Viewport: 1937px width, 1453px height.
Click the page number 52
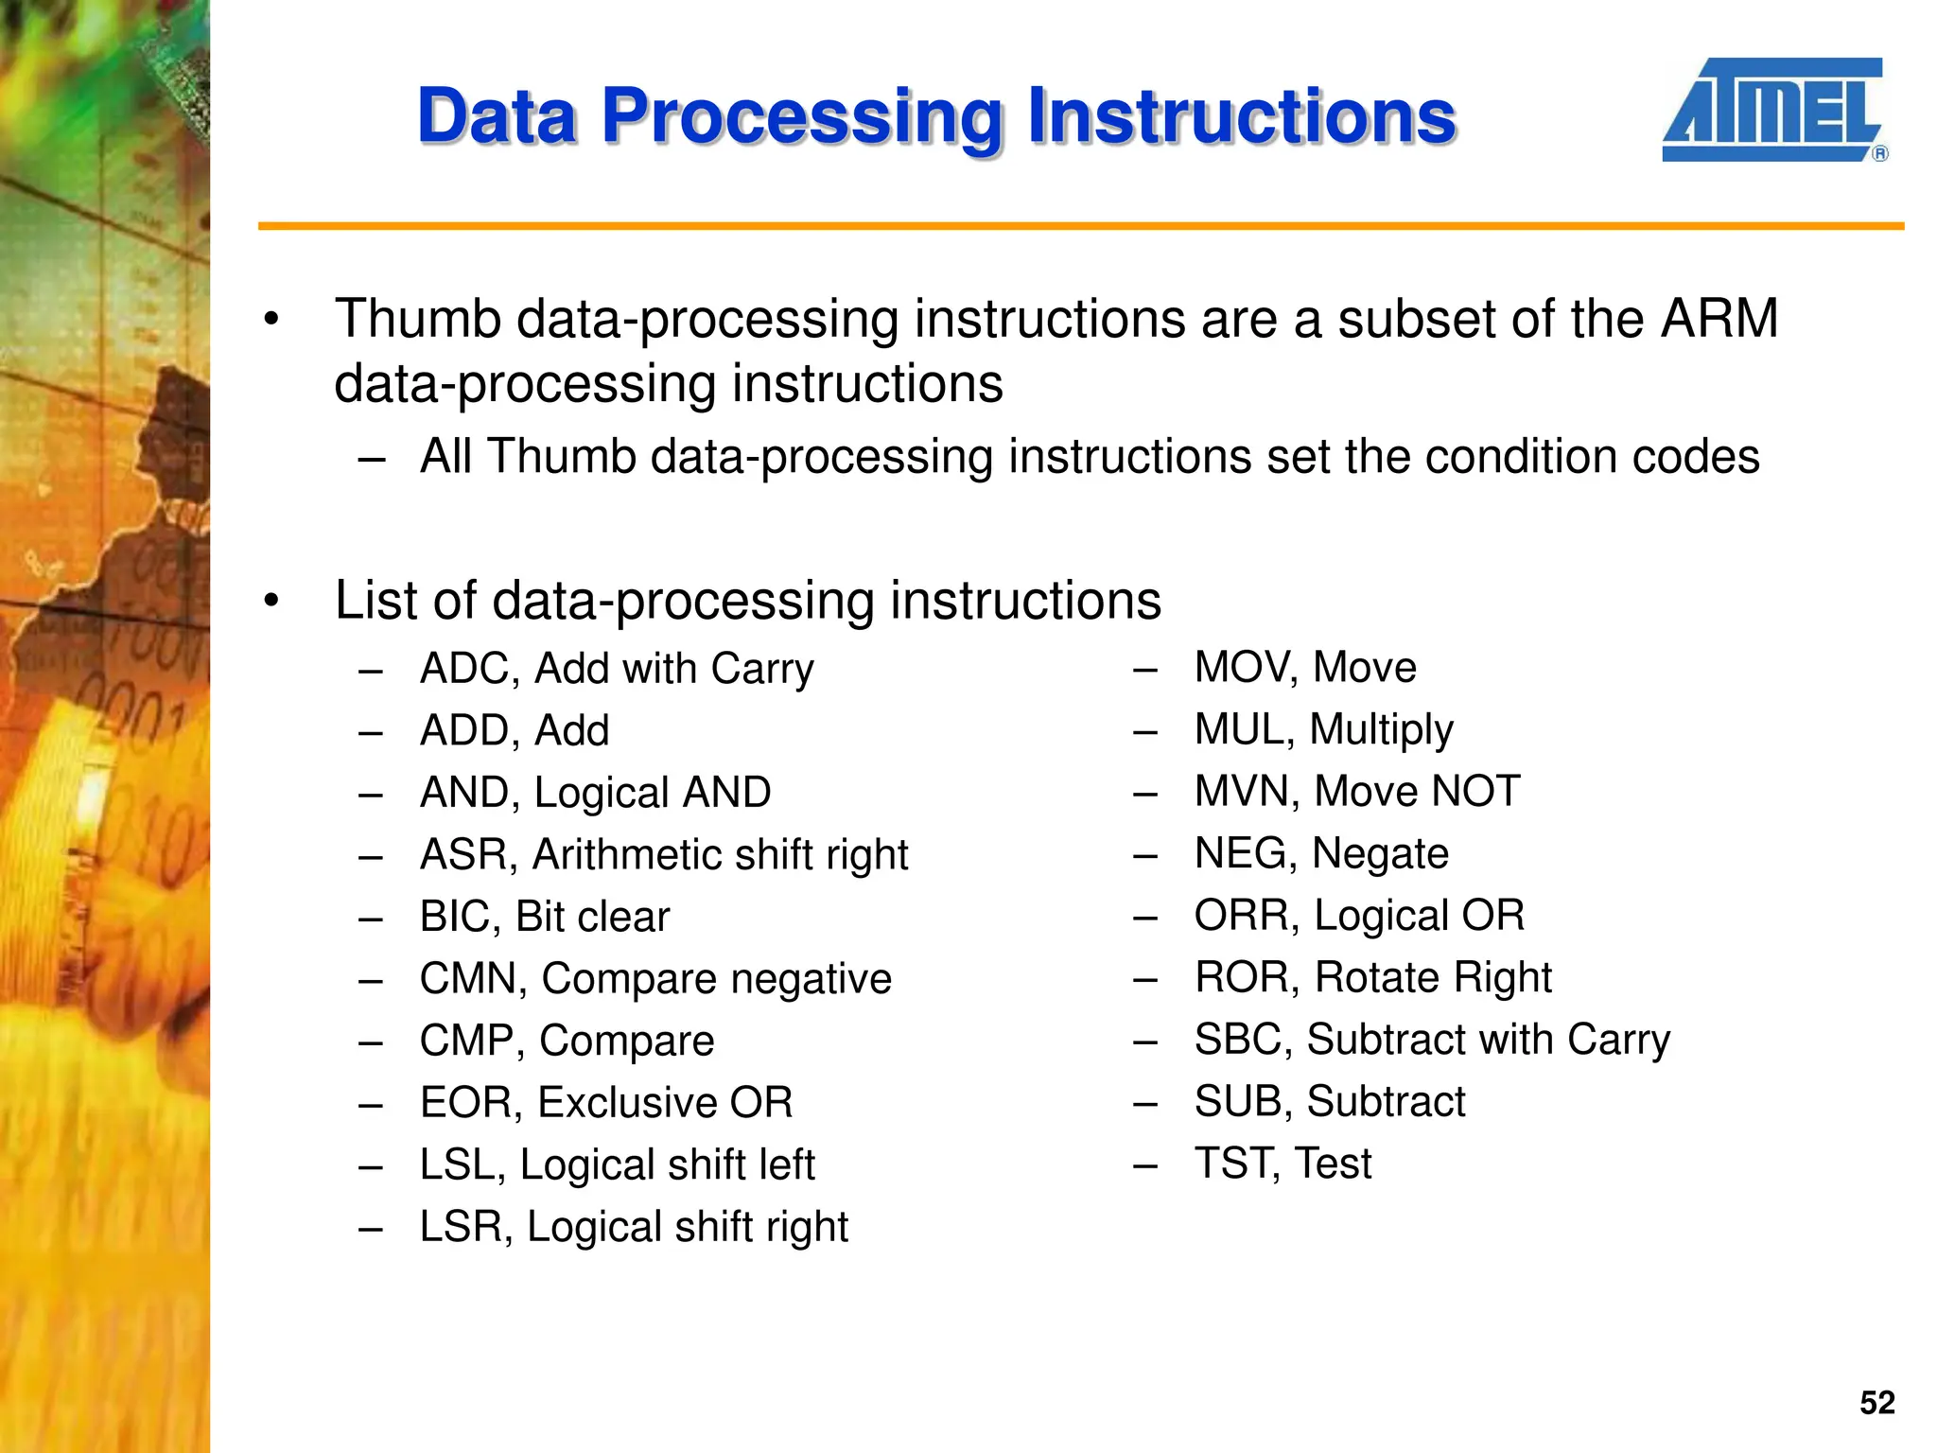coord(1876,1403)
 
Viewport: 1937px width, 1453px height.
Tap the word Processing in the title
coord(801,117)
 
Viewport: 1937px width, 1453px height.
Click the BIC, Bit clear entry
coord(544,917)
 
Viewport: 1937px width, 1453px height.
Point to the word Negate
coord(1380,853)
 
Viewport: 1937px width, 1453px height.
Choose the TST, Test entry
coord(1282,1163)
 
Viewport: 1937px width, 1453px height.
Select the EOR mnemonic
coord(469,1103)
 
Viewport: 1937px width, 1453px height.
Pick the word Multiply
coord(1381,730)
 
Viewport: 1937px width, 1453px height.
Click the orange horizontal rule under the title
coord(1080,226)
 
